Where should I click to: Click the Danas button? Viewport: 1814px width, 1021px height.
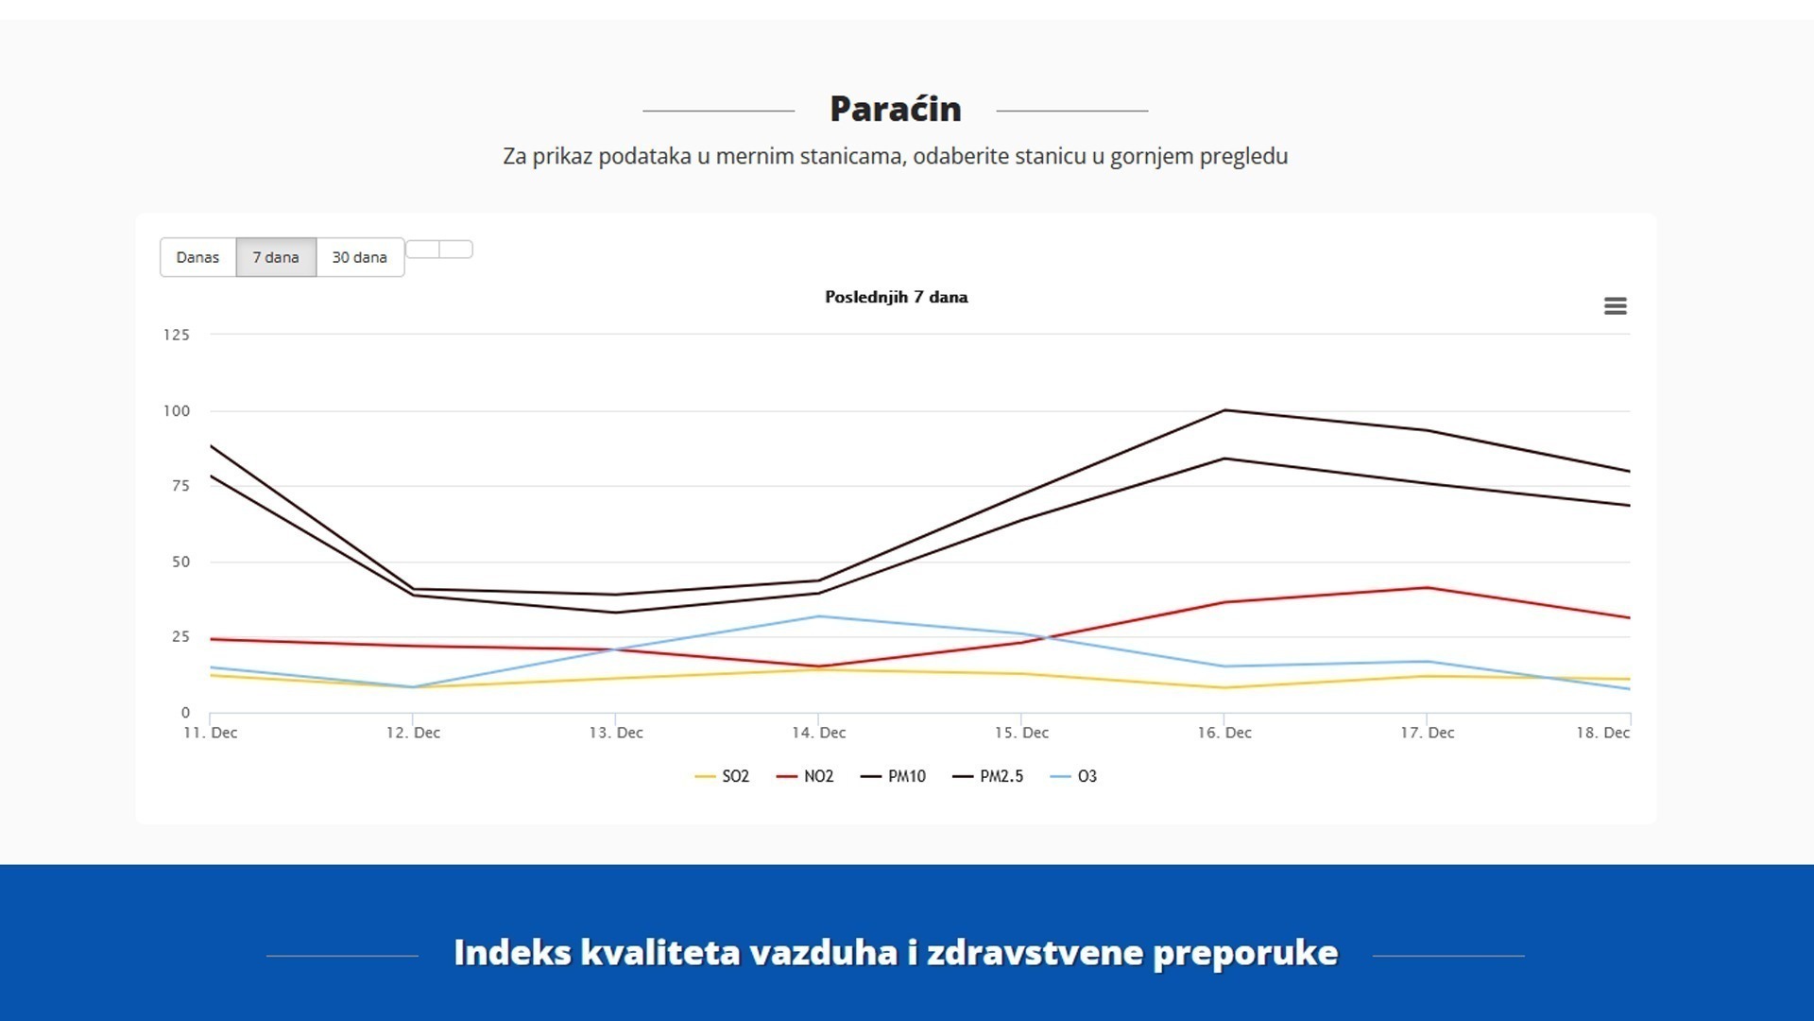pyautogui.click(x=197, y=257)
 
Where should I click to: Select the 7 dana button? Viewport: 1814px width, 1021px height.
pyautogui.click(x=275, y=257)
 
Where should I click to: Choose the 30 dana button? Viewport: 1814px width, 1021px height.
pyautogui.click(x=359, y=257)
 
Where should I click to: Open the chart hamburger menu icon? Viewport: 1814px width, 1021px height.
pyautogui.click(x=1615, y=306)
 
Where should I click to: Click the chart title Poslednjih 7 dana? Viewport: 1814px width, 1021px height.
pyautogui.click(x=896, y=297)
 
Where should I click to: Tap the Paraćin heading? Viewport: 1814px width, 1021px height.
pyautogui.click(x=895, y=110)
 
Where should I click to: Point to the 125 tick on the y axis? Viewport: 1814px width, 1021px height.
pyautogui.click(x=177, y=335)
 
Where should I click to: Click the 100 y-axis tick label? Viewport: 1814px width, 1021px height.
pyautogui.click(x=177, y=411)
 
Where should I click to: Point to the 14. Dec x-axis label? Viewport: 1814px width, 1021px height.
pyautogui.click(x=818, y=733)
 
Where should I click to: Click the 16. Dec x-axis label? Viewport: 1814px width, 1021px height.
pyautogui.click(x=1224, y=733)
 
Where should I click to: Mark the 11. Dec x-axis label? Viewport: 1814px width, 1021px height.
pyautogui.click(x=211, y=733)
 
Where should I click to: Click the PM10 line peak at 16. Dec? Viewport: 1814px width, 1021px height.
pyautogui.click(x=1224, y=410)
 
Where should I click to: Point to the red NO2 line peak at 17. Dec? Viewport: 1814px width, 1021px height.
pyautogui.click(x=1427, y=588)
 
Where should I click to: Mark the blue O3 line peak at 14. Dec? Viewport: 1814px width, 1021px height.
pyautogui.click(x=818, y=616)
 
